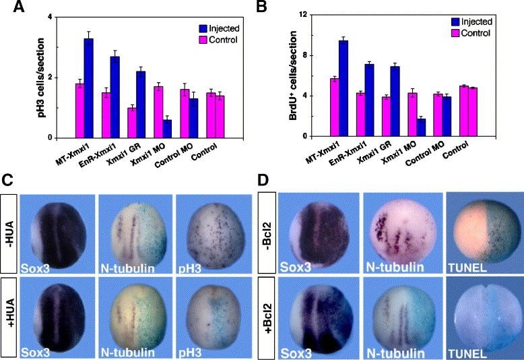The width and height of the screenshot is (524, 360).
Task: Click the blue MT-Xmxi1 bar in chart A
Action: point(88,88)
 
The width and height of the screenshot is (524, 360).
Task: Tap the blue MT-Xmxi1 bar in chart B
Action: point(343,88)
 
